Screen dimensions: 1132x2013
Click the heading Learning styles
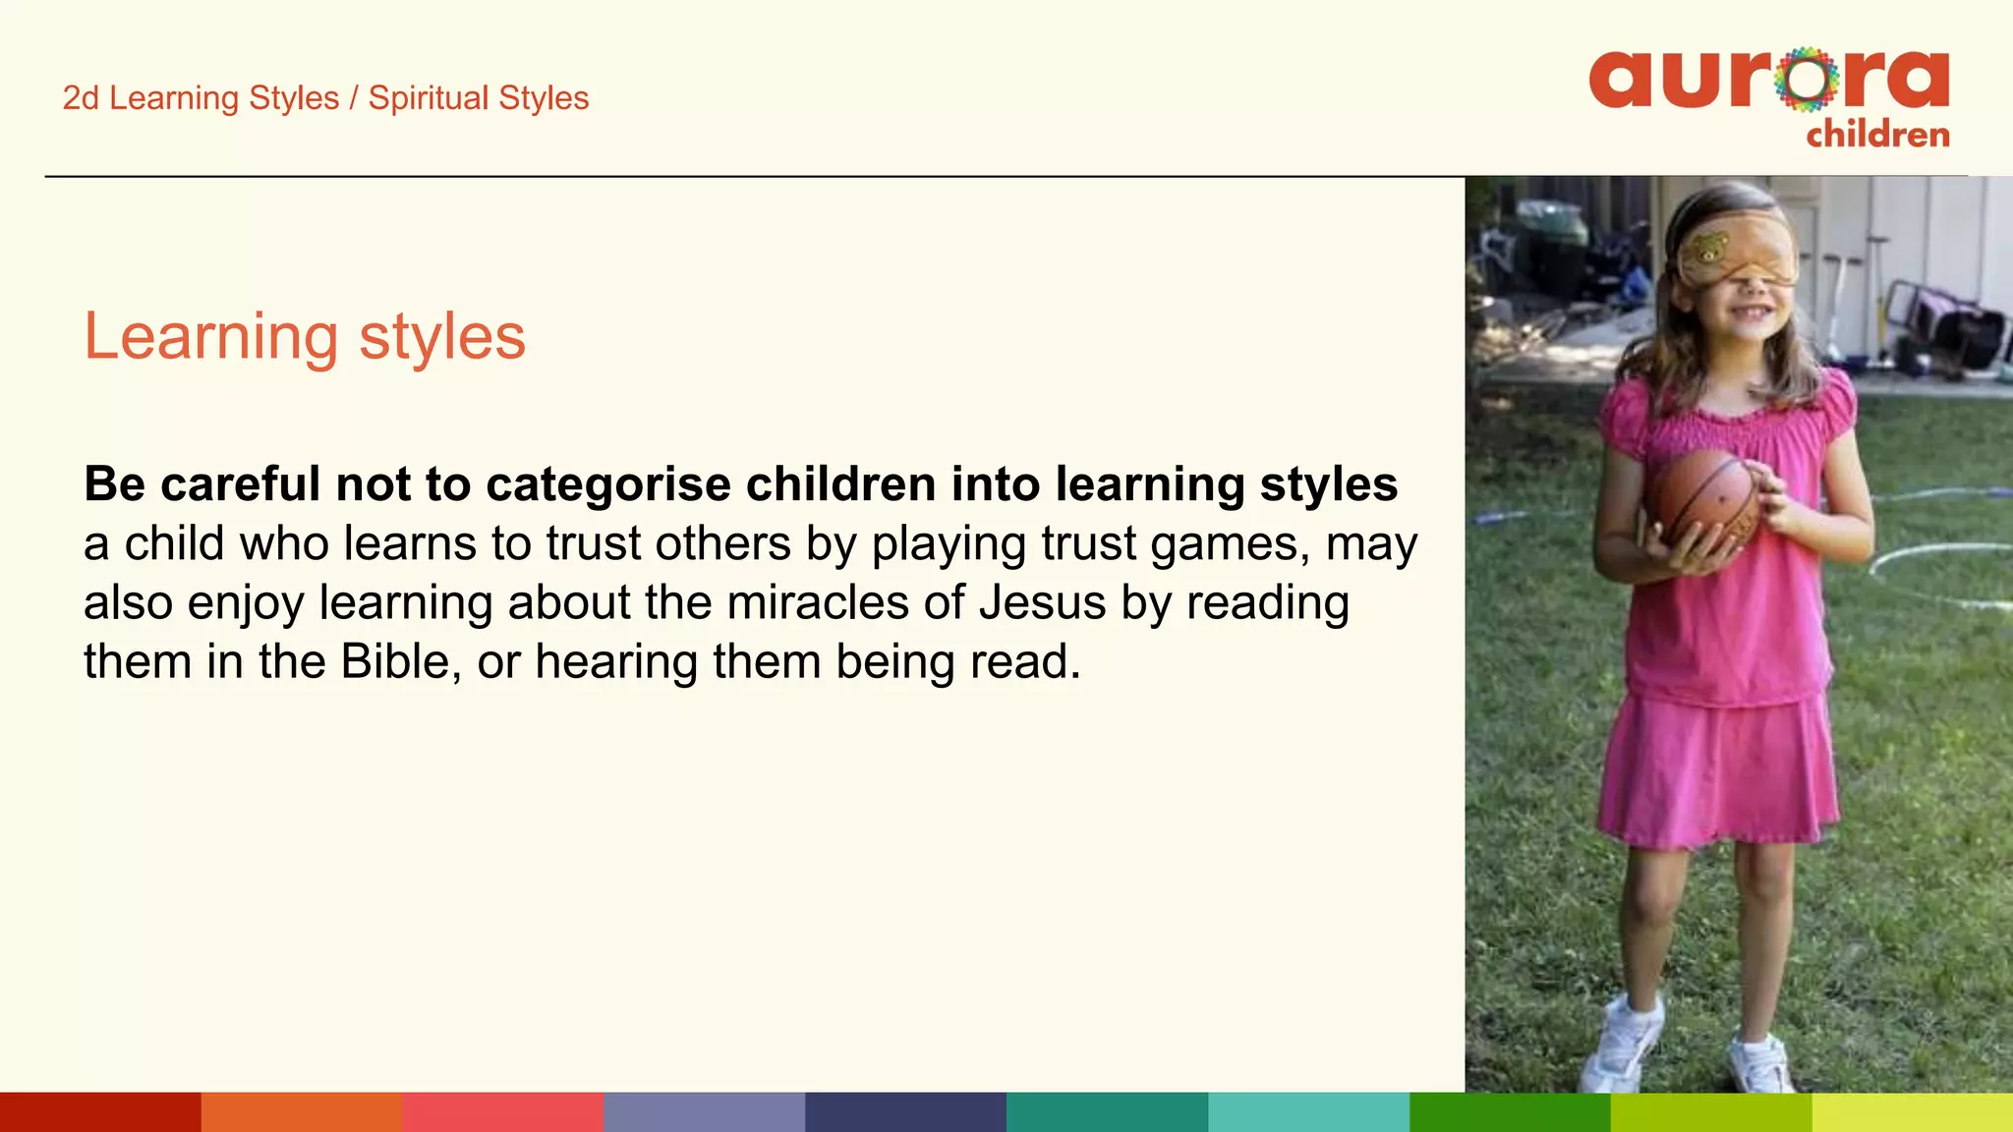point(305,337)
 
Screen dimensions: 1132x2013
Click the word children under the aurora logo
point(1877,135)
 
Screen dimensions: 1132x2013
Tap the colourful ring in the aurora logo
point(1807,79)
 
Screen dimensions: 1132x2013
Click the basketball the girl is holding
point(1705,501)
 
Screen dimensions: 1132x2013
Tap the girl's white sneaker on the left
point(1627,1047)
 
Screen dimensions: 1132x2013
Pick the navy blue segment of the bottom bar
point(905,1112)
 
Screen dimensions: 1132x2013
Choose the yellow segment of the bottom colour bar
point(1912,1112)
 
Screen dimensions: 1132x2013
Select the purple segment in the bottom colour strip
point(704,1112)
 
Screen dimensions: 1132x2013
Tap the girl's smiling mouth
point(1750,314)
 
